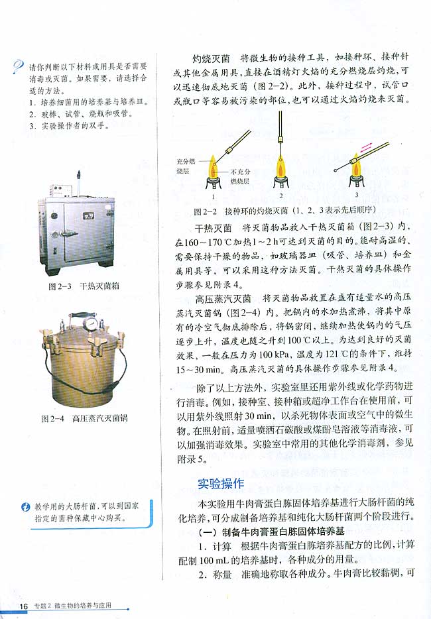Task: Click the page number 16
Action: point(23,606)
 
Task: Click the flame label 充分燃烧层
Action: point(186,166)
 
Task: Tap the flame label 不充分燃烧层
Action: point(239,176)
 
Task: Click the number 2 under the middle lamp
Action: point(281,196)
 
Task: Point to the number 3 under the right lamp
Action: point(356,196)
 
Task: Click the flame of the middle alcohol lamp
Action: point(281,166)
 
